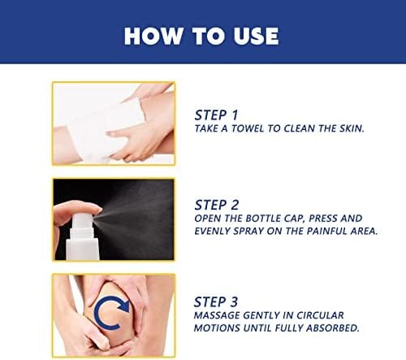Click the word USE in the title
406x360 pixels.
pos(256,36)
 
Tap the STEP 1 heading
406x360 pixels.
pos(216,115)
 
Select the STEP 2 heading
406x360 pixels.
pos(217,205)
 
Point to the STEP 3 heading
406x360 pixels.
pos(216,301)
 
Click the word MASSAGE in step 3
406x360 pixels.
pos(217,315)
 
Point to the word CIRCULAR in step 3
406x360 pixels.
pos(320,315)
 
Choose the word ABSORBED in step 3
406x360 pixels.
pos(333,328)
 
